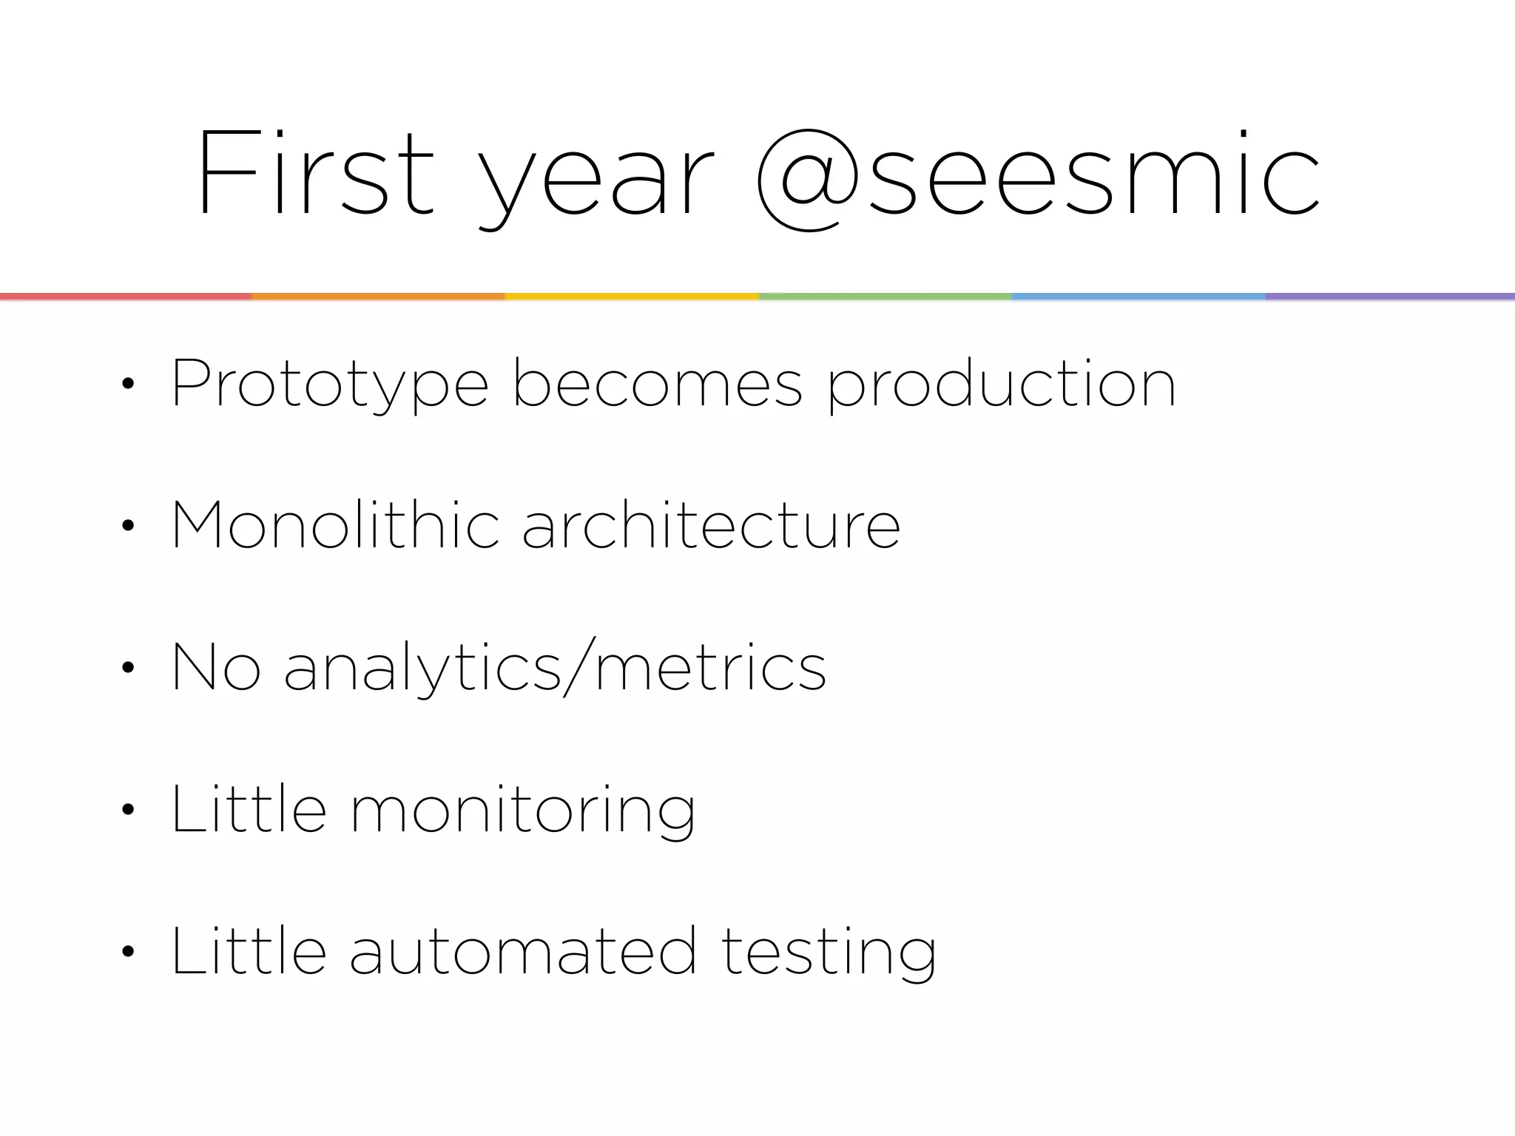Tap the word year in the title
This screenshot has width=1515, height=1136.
click(x=595, y=181)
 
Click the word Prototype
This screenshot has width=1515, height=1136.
click(x=329, y=385)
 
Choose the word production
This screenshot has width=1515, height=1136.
click(x=1001, y=385)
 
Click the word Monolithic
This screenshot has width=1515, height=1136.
click(x=335, y=524)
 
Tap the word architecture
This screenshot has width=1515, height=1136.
click(x=711, y=524)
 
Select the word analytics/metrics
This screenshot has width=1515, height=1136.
click(x=555, y=667)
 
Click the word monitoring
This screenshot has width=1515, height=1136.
click(x=522, y=811)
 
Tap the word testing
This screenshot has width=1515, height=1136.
click(x=829, y=953)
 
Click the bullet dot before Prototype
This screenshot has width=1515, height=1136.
click(x=128, y=384)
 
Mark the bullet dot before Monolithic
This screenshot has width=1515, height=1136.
click(x=128, y=525)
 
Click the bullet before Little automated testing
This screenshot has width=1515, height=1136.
click(x=128, y=951)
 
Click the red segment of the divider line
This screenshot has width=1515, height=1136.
click(x=126, y=297)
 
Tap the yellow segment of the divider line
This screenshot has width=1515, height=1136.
click(x=631, y=297)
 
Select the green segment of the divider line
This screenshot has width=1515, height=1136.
click(x=885, y=297)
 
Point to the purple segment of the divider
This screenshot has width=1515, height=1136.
click(x=1389, y=297)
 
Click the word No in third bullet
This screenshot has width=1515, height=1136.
click(x=215, y=667)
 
